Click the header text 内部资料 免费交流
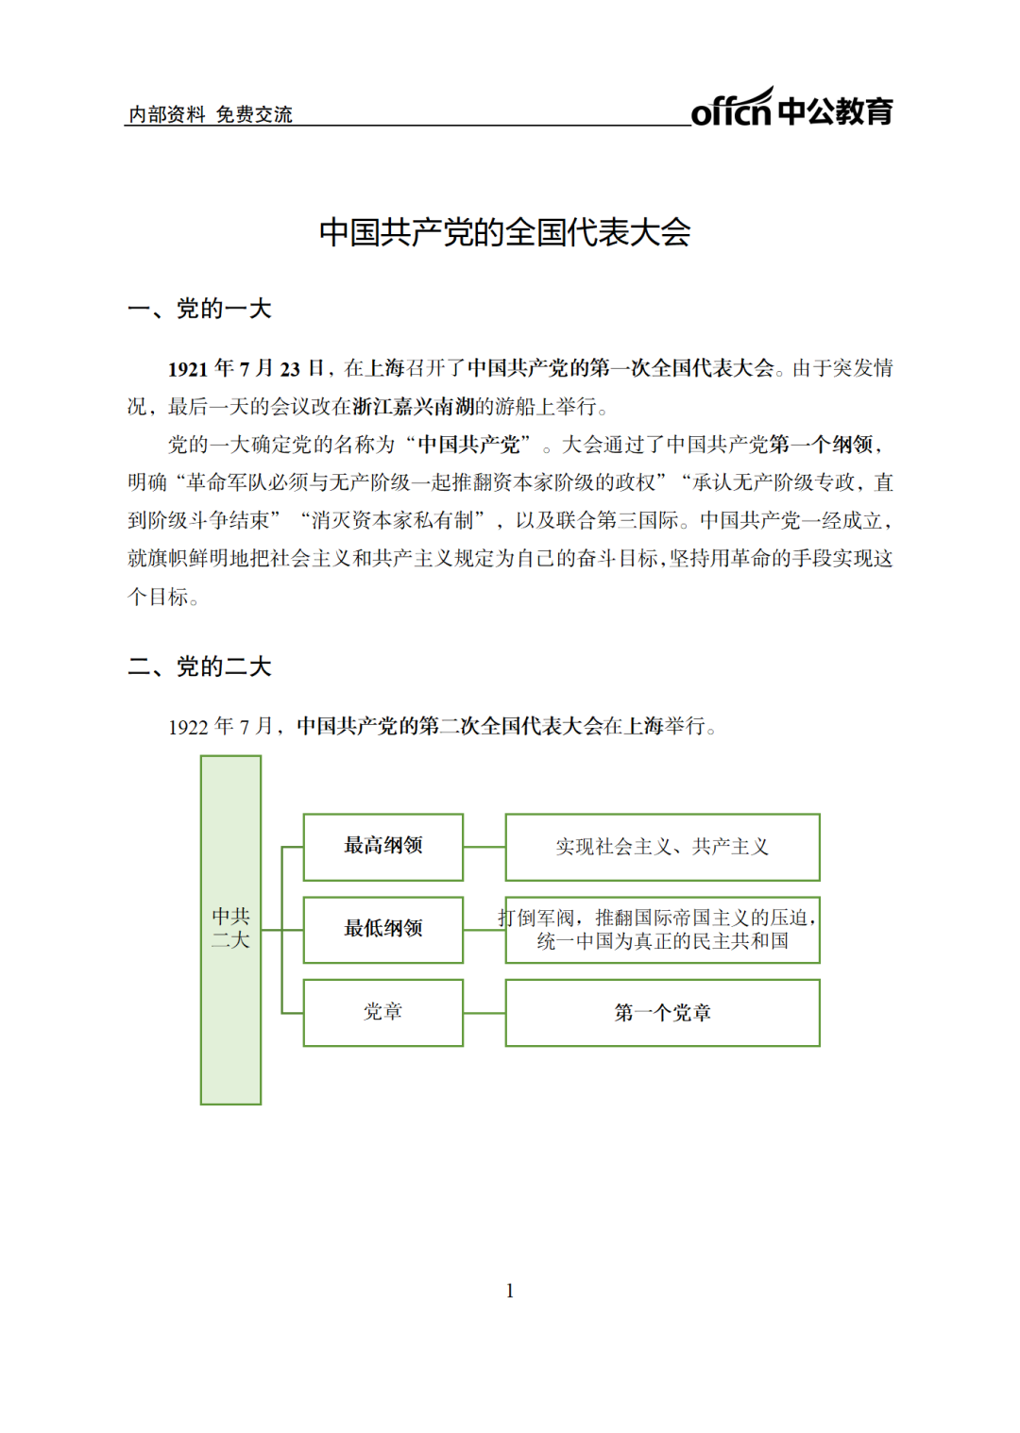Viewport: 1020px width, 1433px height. [210, 114]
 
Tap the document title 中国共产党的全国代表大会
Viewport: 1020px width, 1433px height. [504, 231]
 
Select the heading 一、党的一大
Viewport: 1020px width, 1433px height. [199, 309]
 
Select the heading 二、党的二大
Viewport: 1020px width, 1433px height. [199, 666]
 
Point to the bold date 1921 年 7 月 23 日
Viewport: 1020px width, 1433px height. [246, 368]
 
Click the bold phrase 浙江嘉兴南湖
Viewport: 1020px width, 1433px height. [414, 407]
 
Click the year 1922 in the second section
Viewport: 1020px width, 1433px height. [187, 727]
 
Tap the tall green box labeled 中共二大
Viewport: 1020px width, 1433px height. [230, 929]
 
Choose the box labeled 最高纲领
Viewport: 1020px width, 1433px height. [382, 846]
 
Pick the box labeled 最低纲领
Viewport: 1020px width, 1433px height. [382, 929]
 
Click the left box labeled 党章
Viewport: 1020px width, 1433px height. [382, 1012]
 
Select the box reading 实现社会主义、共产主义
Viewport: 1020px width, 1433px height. [662, 847]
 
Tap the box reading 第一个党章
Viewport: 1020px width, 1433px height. [662, 1013]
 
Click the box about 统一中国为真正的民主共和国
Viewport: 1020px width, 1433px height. [662, 930]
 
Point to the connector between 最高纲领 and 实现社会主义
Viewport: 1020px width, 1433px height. [484, 847]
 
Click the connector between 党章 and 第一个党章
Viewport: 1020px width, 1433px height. [484, 1013]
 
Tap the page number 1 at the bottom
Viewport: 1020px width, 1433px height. [510, 1290]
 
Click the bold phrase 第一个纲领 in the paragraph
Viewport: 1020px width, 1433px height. [821, 445]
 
